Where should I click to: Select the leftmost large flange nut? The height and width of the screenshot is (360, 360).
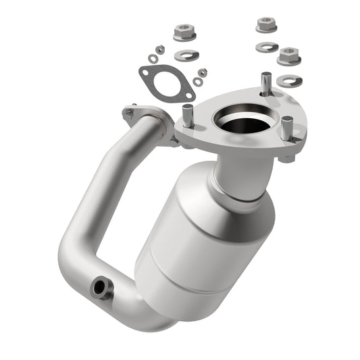coord(182,32)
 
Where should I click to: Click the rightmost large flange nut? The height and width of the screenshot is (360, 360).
coord(289,55)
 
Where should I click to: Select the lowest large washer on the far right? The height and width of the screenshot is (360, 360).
coord(288,80)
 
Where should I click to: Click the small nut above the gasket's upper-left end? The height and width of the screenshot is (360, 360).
coord(160,49)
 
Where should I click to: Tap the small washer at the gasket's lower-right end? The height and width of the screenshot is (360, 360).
coord(197,82)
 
